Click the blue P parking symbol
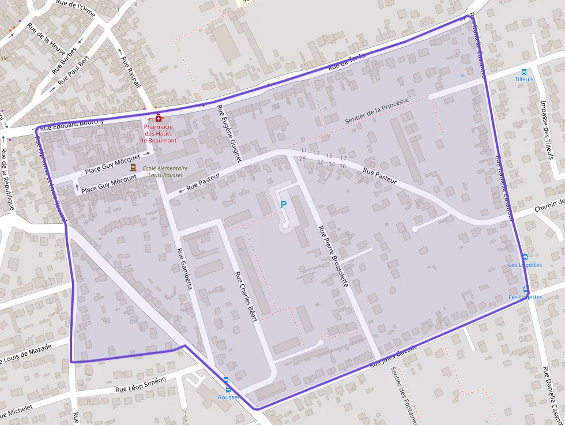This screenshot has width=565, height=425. click(283, 204)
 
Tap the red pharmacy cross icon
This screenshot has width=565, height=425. click(159, 118)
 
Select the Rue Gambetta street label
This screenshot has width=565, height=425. click(184, 268)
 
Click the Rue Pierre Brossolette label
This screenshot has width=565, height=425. click(333, 256)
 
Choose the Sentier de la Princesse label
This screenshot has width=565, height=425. click(377, 111)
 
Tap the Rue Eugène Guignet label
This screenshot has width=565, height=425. click(228, 132)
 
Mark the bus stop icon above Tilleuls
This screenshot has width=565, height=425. click(524, 72)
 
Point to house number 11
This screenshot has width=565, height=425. click(304, 151)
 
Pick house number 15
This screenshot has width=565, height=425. click(329, 156)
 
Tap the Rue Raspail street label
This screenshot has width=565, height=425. click(131, 72)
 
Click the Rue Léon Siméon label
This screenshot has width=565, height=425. click(140, 384)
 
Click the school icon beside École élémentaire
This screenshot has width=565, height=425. click(133, 167)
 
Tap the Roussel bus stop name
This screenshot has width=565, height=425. click(228, 397)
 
